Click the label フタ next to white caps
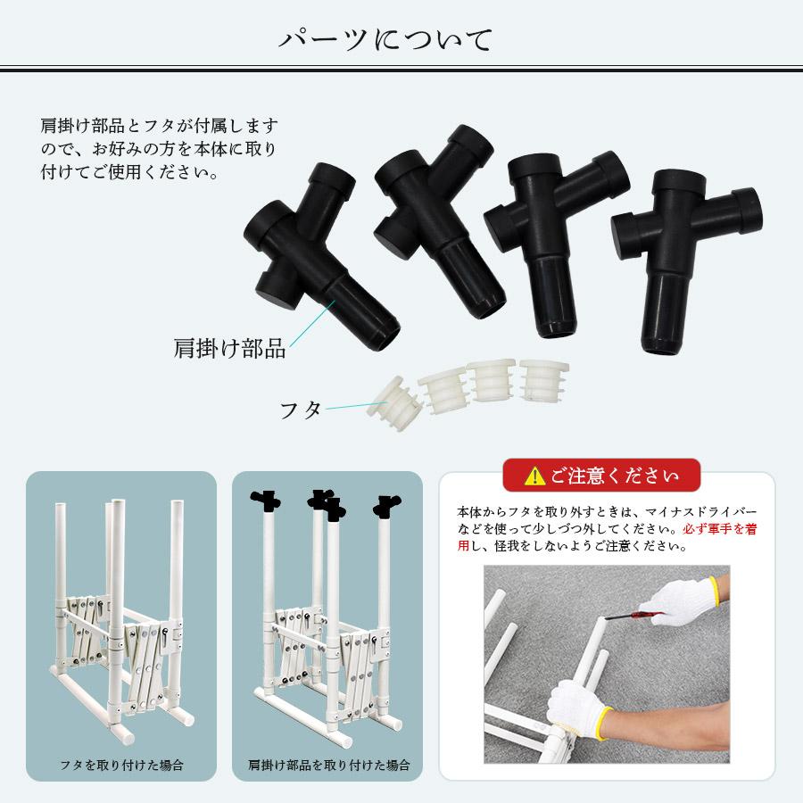click(301, 410)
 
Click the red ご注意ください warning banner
click(601, 475)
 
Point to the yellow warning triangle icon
click(534, 475)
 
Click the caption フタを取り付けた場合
click(121, 765)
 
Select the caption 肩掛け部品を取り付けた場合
click(327, 765)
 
